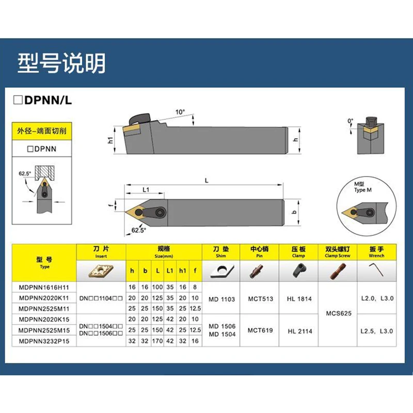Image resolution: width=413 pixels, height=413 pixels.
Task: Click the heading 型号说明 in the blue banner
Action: [x=61, y=63]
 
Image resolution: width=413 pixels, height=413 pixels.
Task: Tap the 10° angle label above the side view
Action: [x=180, y=112]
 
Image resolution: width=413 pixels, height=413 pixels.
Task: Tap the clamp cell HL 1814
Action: [x=298, y=299]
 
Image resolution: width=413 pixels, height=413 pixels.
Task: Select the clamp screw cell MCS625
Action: [x=338, y=313]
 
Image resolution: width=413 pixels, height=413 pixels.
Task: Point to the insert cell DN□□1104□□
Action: [x=101, y=299]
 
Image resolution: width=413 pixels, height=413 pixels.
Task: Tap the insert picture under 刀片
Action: [x=101, y=270]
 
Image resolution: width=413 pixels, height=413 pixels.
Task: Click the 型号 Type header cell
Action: [x=44, y=262]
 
